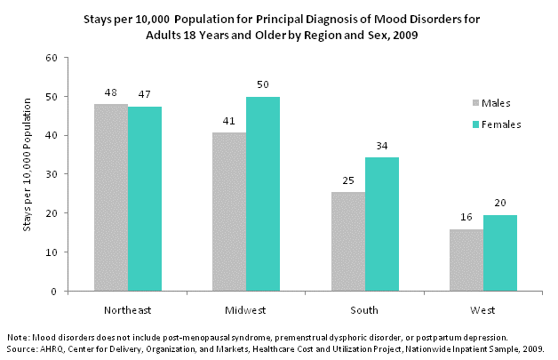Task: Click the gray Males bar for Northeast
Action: click(111, 197)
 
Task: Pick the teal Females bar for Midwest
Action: click(263, 194)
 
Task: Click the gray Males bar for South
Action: click(347, 241)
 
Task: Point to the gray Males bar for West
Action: click(466, 260)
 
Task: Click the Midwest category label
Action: click(246, 309)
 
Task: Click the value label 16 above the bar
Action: click(466, 216)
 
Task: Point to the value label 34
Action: click(381, 145)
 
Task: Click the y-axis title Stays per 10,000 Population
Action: click(27, 174)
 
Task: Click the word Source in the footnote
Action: click(20, 348)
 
